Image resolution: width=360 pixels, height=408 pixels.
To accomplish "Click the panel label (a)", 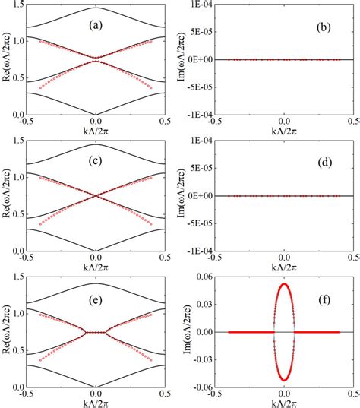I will pyautogui.click(x=96, y=25).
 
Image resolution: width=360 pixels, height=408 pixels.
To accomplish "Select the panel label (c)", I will pyautogui.click(x=96, y=162).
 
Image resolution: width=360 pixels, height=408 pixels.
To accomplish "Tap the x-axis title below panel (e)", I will pyautogui.click(x=95, y=402).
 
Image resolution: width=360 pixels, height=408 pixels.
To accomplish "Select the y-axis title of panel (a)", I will pyautogui.click(x=6, y=59).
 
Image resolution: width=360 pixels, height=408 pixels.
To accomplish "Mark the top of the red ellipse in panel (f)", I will pyautogui.click(x=284, y=284).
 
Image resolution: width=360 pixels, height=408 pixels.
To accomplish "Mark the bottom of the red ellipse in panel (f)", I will pyautogui.click(x=284, y=380).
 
